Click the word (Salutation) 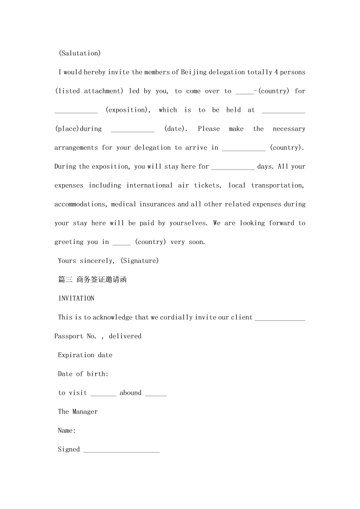80,53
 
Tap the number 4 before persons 276,72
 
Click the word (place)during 78,129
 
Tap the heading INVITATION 76,298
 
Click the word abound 130,393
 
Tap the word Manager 85,412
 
